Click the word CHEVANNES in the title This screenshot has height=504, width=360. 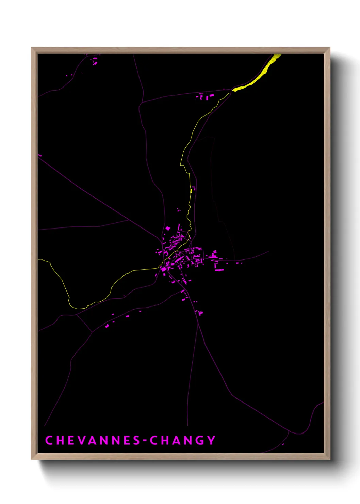[x=92, y=440]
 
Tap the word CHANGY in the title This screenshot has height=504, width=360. [x=183, y=440]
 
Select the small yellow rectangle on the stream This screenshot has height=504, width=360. [x=191, y=191]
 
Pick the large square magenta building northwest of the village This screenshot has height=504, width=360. [x=168, y=228]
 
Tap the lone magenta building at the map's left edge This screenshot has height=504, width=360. [x=40, y=155]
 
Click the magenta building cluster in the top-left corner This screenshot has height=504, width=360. [x=95, y=61]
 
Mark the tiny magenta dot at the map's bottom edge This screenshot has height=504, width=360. [x=283, y=444]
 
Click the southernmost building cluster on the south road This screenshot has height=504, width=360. [x=201, y=312]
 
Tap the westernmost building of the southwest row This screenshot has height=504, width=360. [x=107, y=326]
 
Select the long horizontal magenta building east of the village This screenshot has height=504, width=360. [x=219, y=270]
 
